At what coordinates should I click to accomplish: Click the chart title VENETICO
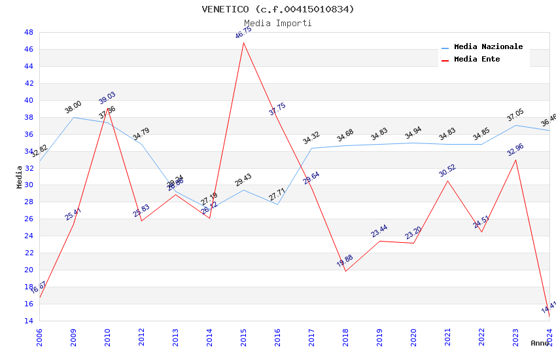(x=278, y=9)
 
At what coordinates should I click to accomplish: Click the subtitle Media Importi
(x=278, y=23)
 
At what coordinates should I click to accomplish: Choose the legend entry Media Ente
(x=477, y=60)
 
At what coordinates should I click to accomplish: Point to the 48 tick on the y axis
(x=29, y=32)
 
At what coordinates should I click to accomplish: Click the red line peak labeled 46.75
(x=243, y=43)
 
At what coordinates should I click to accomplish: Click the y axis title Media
(x=20, y=177)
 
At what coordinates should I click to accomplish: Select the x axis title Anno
(x=540, y=343)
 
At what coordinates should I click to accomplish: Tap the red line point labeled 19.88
(x=345, y=271)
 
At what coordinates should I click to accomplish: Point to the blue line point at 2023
(x=515, y=125)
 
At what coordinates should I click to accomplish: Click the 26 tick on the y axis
(x=29, y=219)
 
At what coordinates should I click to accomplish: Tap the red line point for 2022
(x=481, y=232)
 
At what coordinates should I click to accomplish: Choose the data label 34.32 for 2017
(x=311, y=138)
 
